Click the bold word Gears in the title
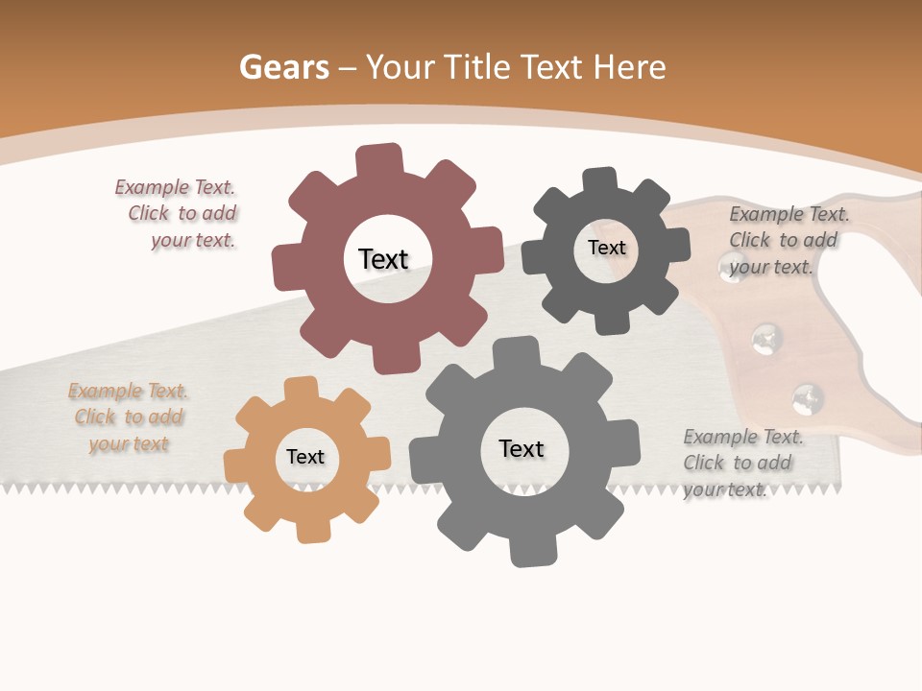(x=283, y=67)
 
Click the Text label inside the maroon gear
(x=383, y=259)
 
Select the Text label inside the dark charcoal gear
(x=606, y=248)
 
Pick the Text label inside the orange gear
(x=305, y=457)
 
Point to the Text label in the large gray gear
(x=522, y=448)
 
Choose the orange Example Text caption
(x=129, y=417)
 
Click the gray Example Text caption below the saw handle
(x=740, y=463)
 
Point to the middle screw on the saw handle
(x=765, y=337)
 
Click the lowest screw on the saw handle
(x=807, y=396)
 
